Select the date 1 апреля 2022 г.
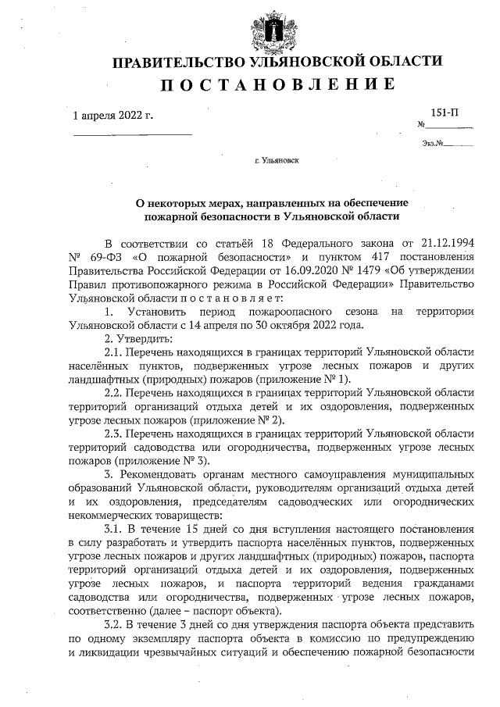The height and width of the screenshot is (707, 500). (x=112, y=116)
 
